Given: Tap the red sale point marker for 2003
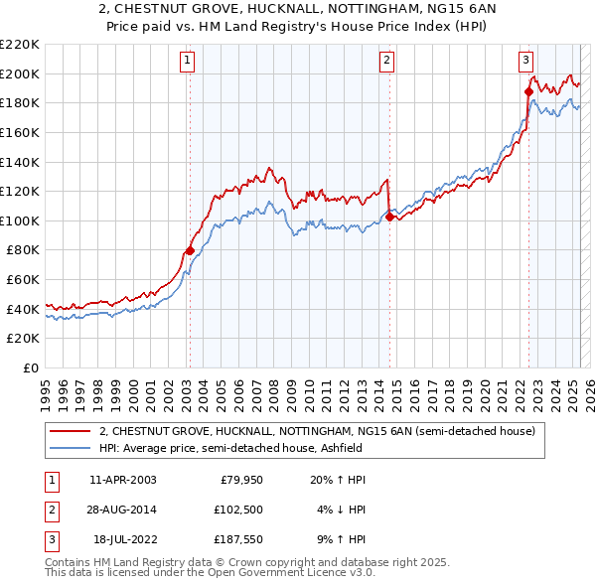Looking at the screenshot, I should (x=190, y=250).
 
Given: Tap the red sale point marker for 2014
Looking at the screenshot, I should (x=389, y=217).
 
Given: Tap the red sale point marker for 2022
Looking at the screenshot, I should (x=528, y=91).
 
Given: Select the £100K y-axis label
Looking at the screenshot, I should (x=20, y=220).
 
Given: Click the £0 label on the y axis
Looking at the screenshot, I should (x=30, y=367).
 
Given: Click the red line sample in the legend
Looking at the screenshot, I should (x=71, y=431).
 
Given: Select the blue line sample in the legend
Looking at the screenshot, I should (x=71, y=448).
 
